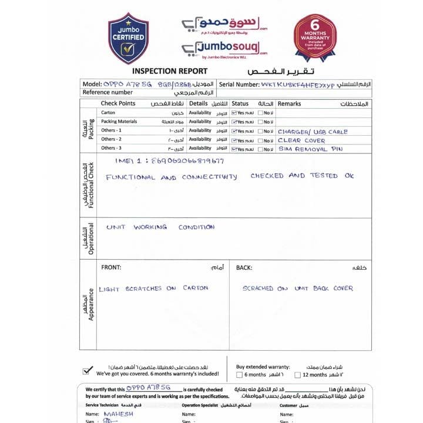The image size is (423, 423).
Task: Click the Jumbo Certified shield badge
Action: click(x=128, y=40)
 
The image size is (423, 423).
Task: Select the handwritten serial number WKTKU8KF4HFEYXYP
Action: click(x=298, y=85)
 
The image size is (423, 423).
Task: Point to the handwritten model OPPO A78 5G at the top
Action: click(x=128, y=85)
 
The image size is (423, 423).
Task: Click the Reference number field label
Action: click(x=108, y=93)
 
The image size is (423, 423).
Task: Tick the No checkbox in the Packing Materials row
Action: click(x=260, y=122)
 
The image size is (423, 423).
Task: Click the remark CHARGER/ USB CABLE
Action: click(x=312, y=132)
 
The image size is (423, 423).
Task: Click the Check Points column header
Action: click(x=118, y=103)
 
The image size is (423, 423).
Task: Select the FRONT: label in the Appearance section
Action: click(x=111, y=267)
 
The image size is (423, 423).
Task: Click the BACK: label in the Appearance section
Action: click(x=244, y=267)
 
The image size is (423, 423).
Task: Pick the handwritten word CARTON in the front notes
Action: click(x=195, y=288)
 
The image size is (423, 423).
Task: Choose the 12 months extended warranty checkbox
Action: click(x=298, y=374)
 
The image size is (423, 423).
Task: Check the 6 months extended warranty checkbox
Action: click(x=239, y=374)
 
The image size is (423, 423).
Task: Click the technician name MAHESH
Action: click(x=118, y=414)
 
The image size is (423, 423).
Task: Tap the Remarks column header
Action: click(x=289, y=103)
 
